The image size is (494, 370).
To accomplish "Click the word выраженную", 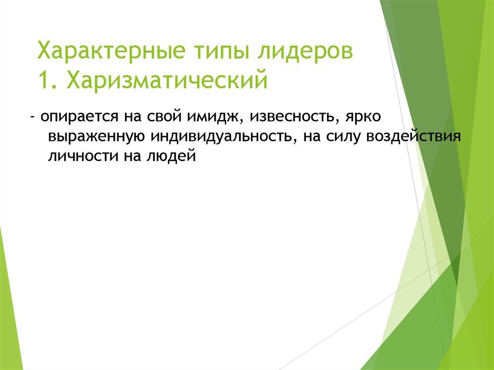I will (x=94, y=137).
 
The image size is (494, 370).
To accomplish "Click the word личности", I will (x=78, y=156).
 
